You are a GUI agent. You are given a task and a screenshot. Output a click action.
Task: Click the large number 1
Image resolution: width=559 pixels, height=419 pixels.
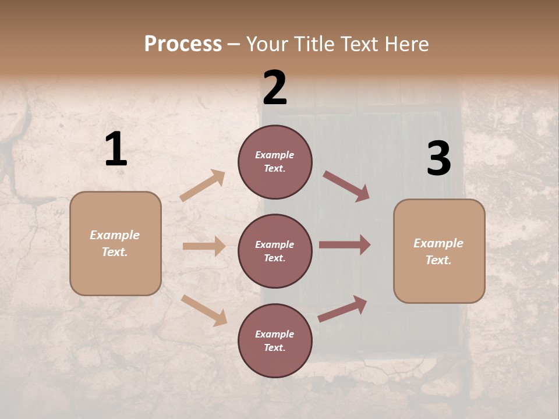pos(116,150)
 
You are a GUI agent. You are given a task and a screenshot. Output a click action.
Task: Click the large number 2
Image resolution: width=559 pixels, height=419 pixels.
pos(275,88)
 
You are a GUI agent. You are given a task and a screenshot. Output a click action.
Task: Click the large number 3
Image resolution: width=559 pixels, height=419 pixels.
pos(438,159)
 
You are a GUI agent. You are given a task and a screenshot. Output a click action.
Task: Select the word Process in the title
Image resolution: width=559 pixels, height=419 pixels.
pos(183,44)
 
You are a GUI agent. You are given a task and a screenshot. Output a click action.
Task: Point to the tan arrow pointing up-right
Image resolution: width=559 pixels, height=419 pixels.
pos(203,186)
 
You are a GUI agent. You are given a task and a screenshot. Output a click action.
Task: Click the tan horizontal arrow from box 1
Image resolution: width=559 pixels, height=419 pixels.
pos(204,246)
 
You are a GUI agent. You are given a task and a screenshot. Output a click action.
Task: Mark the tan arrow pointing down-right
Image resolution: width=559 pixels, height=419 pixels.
pos(204,310)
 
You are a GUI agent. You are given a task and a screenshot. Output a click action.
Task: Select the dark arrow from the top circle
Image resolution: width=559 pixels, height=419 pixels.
pos(346,186)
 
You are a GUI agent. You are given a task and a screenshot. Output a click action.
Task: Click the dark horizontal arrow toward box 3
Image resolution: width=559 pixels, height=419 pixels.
pos(344,245)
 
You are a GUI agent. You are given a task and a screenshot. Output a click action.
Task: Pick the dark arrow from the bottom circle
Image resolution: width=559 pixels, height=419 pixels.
pos(342,308)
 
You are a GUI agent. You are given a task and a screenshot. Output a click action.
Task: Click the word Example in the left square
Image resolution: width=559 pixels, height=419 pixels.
pos(115,235)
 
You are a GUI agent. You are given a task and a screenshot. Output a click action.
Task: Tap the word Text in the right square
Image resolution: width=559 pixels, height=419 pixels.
pos(438,260)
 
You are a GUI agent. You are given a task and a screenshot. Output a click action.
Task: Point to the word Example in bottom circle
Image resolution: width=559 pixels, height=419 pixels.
pos(274,334)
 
